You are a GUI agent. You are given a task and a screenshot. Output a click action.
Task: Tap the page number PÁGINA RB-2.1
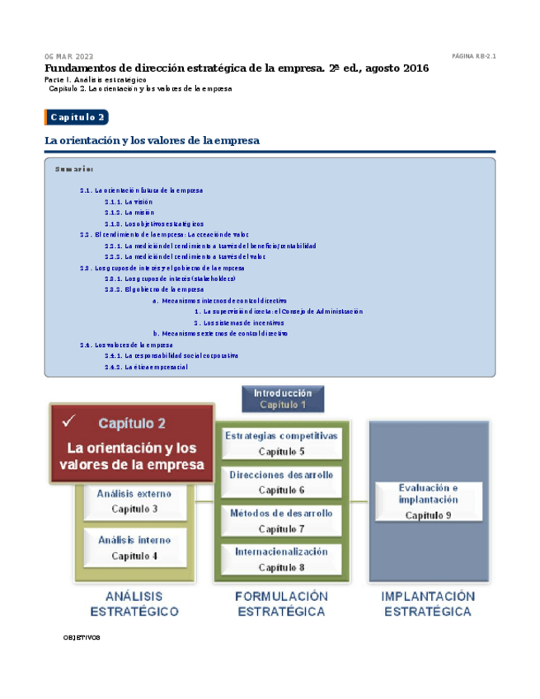(473, 56)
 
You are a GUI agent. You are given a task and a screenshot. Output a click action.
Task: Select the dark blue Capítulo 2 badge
(77, 117)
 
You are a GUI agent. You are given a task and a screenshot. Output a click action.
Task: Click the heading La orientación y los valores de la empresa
(152, 141)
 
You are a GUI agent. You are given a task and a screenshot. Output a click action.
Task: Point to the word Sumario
(73, 169)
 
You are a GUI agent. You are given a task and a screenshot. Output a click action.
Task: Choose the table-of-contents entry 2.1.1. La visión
(129, 201)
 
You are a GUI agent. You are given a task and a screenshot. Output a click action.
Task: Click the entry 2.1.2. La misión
(129, 212)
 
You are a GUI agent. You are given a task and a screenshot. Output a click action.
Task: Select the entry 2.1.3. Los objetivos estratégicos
(154, 223)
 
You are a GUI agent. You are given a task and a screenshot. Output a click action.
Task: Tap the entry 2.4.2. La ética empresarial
(146, 367)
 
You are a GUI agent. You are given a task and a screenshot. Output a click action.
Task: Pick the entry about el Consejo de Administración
(279, 312)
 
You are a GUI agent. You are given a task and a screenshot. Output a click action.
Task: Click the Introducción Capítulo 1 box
(283, 399)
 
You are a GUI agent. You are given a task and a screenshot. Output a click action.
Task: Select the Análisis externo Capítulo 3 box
(134, 501)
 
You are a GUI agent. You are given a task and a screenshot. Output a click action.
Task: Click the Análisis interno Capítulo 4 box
(134, 547)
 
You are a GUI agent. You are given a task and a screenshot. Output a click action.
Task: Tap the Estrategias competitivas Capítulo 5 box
(281, 443)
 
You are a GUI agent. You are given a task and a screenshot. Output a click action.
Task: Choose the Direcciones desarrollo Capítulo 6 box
(281, 482)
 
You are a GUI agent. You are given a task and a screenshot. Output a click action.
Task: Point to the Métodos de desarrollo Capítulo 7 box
(281, 521)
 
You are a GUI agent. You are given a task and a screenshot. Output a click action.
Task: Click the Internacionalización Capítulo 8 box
(281, 560)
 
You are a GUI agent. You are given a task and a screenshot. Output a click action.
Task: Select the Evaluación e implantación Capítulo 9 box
(428, 501)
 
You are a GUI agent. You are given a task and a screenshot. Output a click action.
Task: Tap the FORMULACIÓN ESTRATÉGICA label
(281, 603)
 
